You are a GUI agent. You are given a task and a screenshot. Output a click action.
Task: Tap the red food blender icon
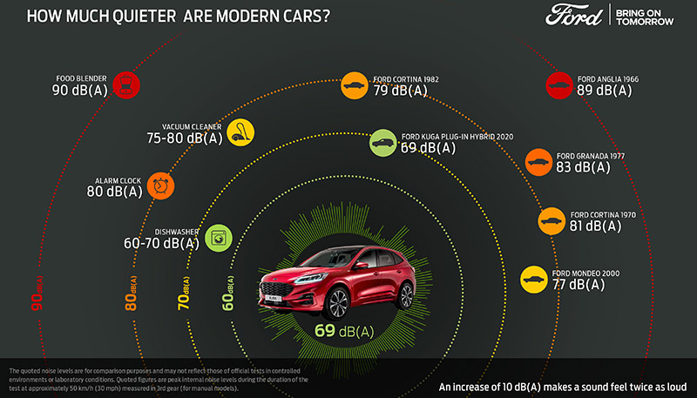pyautogui.click(x=125, y=84)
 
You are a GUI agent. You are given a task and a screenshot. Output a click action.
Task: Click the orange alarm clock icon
pyautogui.click(x=160, y=186)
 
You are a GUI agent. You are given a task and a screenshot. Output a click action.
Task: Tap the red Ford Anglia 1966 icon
pyautogui.click(x=558, y=84)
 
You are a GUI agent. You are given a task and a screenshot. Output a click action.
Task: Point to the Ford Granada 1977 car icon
pyautogui.click(x=538, y=162)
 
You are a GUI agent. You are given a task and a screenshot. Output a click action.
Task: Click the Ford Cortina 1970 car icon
pyautogui.click(x=552, y=220)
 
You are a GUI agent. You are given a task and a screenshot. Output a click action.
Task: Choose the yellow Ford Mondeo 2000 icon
pyautogui.click(x=533, y=280)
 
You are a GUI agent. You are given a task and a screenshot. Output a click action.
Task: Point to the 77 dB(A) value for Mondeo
pyautogui.click(x=579, y=285)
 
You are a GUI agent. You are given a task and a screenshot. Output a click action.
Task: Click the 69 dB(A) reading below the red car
pyautogui.click(x=344, y=331)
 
